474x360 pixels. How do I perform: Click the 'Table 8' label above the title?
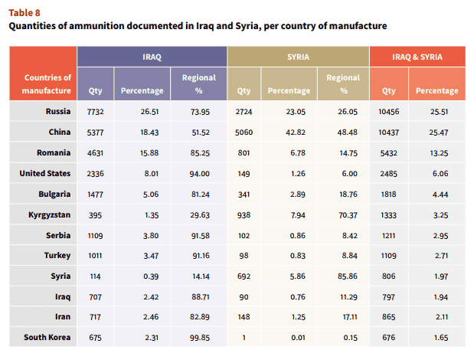click(25, 13)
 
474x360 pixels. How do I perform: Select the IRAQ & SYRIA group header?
click(417, 57)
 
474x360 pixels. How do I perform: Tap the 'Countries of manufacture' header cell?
click(47, 84)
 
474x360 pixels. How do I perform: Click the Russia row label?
click(58, 111)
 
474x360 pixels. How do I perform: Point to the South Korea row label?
click(47, 337)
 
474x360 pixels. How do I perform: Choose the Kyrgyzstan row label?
click(50, 215)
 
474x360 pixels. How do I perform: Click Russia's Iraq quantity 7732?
click(95, 112)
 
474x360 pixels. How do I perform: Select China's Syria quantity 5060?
click(244, 133)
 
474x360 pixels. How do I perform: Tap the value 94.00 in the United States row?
click(200, 174)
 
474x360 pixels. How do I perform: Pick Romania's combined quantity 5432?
click(389, 153)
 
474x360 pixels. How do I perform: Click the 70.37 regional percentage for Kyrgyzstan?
click(347, 215)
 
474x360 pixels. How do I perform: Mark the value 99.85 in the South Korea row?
click(200, 338)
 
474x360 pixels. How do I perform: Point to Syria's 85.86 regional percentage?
click(348, 277)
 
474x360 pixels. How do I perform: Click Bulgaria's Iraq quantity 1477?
click(95, 195)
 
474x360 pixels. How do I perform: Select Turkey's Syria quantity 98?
click(244, 256)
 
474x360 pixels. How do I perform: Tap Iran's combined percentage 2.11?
click(442, 317)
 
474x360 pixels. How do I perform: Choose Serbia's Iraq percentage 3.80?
click(151, 236)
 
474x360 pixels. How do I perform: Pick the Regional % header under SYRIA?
click(343, 84)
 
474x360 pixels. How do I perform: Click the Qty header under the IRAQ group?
click(95, 90)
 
